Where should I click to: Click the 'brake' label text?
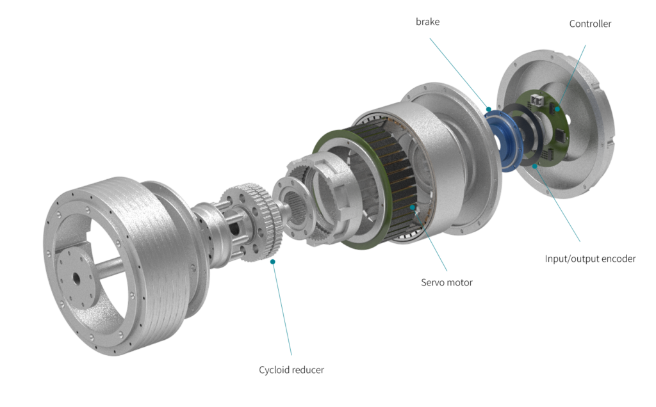tap(427, 22)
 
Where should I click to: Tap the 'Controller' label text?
tap(590, 24)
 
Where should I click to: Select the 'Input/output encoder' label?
tap(590, 259)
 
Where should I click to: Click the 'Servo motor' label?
tap(447, 282)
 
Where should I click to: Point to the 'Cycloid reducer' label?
tap(291, 370)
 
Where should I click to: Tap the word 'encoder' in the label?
tap(619, 259)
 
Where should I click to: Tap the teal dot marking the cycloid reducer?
tap(273, 262)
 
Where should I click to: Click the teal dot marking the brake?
tap(488, 109)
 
